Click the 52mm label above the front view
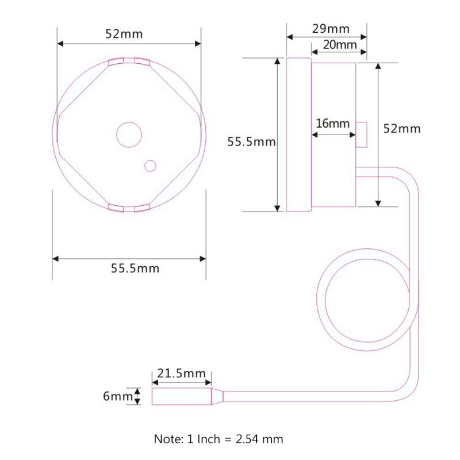[x=124, y=34]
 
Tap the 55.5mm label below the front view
[x=135, y=269]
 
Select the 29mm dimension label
[x=331, y=29]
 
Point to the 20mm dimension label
[x=340, y=45]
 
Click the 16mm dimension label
[x=333, y=124]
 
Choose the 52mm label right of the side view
[x=402, y=129]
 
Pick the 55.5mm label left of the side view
[x=251, y=142]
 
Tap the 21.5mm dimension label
[x=181, y=373]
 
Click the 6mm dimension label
[x=118, y=396]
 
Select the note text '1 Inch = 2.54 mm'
[x=235, y=439]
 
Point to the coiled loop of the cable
[x=317, y=299]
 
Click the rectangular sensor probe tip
[x=182, y=396]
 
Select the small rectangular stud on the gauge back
[x=362, y=135]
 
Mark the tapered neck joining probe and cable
[x=217, y=396]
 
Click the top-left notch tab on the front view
[x=116, y=62]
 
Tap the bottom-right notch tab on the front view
[x=142, y=208]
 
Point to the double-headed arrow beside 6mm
[x=137, y=396]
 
